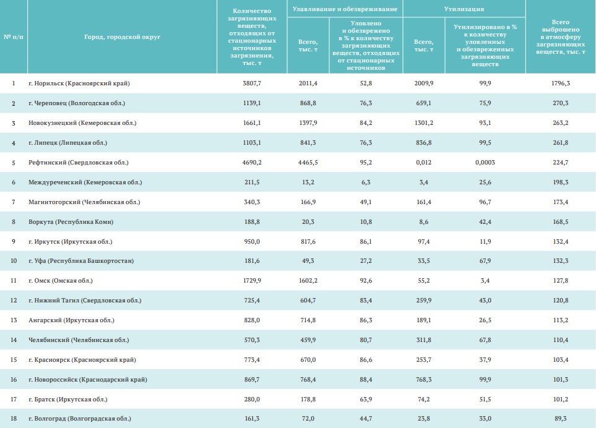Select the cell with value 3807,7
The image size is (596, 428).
pos(252,83)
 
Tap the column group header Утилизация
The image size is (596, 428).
pos(464,9)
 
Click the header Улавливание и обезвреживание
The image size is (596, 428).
pos(345,9)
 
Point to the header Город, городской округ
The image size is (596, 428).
pos(122,37)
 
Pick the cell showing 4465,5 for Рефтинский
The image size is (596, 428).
pos(308,162)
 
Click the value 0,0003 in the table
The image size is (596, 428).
pos(485,162)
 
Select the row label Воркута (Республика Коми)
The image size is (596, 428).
pos(71,221)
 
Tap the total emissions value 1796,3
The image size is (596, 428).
pos(560,83)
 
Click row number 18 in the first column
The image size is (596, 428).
pos(14,419)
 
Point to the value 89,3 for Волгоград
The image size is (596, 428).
pos(560,419)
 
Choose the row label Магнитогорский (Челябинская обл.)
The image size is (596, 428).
pos(84,202)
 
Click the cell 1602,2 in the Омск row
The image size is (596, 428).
pos(308,281)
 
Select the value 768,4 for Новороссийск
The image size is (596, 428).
pos(308,379)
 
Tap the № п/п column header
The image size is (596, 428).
pos(14,37)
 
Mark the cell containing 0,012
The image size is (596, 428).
pos(423,162)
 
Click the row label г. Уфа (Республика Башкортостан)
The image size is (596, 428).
pos(81,261)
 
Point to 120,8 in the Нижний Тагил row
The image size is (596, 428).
pos(560,300)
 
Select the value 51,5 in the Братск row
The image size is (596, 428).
pos(485,399)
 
